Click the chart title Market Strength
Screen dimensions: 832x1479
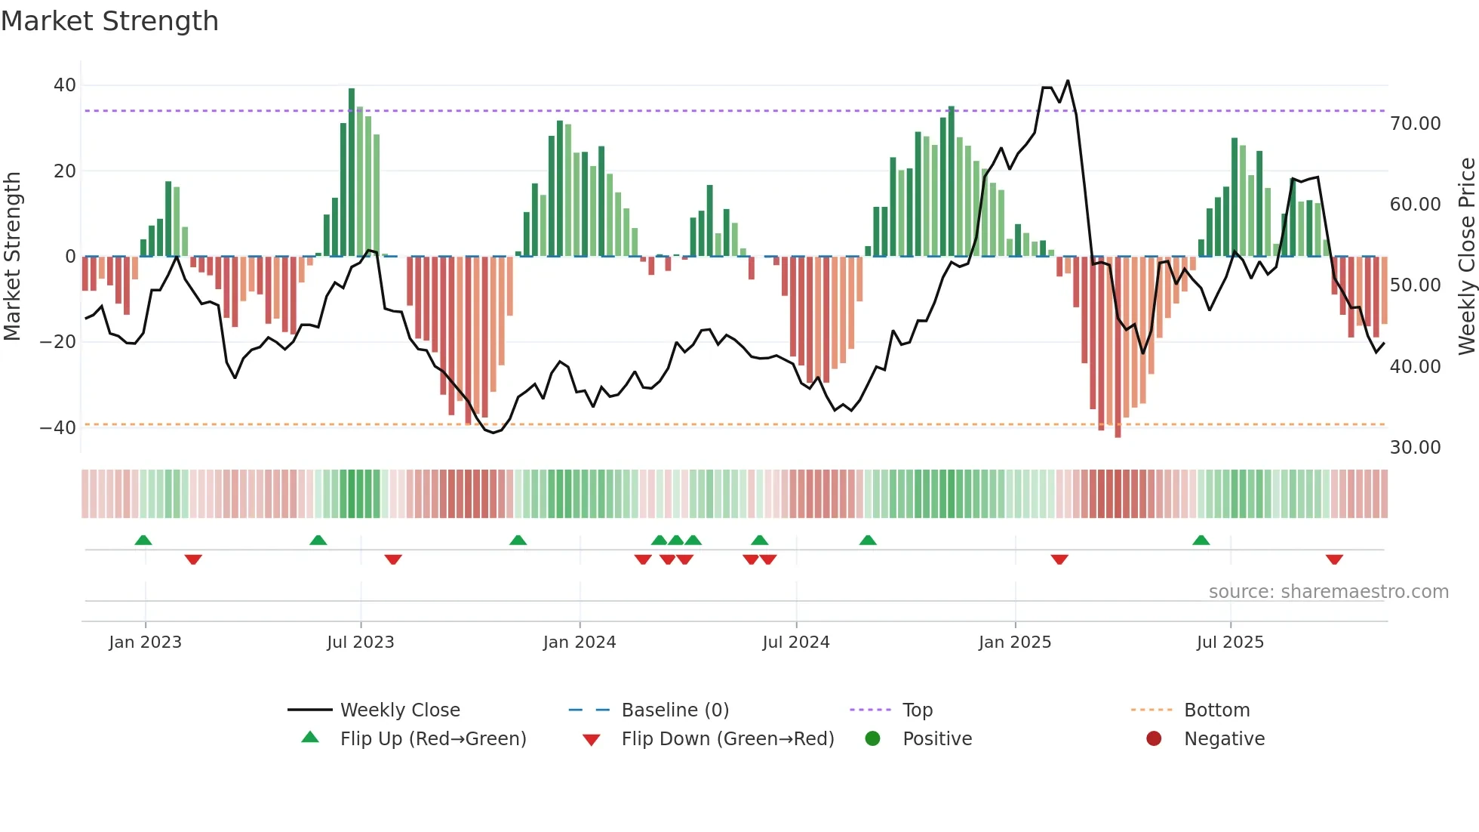[x=109, y=21]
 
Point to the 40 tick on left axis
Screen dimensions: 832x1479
[x=65, y=85]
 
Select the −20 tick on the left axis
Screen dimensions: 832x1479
[x=58, y=342]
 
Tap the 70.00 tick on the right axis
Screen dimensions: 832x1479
[x=1415, y=124]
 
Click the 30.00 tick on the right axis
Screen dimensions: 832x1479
[x=1415, y=448]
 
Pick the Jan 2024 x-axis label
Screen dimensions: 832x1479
[x=579, y=642]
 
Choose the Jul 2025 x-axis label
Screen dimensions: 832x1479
[x=1229, y=642]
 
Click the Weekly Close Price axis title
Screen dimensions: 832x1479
[x=1466, y=257]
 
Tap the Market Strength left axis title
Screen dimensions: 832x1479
[x=12, y=257]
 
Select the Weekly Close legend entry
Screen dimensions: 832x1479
[x=399, y=710]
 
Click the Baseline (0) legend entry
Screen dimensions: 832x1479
[x=675, y=710]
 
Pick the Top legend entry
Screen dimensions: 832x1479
[x=917, y=710]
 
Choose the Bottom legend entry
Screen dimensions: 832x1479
[x=1216, y=710]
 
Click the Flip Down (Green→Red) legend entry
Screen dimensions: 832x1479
[x=727, y=739]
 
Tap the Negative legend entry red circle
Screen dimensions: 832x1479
[x=1154, y=739]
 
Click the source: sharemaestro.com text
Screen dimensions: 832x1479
[x=1328, y=592]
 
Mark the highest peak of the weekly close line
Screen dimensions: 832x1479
[x=1068, y=81]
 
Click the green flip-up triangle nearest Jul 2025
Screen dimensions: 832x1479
[x=1201, y=540]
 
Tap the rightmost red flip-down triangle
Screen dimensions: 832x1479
[x=1333, y=559]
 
